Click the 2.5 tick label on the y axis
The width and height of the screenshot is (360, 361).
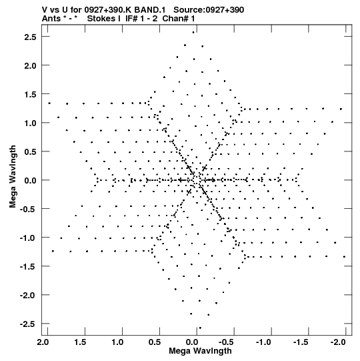(x=30, y=37)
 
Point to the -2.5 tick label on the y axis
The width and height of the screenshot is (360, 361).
(x=28, y=324)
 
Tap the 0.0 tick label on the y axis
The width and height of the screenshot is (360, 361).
(x=30, y=180)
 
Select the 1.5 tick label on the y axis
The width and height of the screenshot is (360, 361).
(x=30, y=94)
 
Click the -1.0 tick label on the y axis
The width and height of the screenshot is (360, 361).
(x=28, y=238)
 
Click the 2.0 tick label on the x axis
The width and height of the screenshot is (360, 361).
(x=43, y=342)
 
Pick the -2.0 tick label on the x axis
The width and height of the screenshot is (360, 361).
(x=338, y=342)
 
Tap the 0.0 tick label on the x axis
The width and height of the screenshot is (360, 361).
(x=192, y=342)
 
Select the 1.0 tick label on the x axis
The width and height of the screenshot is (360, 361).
(x=117, y=342)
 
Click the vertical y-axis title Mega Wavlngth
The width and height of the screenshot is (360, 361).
(x=13, y=177)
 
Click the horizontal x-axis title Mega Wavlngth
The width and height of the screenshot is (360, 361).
(x=200, y=351)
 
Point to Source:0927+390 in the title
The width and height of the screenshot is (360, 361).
(x=209, y=10)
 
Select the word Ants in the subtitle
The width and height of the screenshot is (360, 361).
(x=50, y=19)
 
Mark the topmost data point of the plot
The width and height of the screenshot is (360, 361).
(x=193, y=33)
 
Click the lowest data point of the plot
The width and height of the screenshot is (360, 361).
(x=200, y=328)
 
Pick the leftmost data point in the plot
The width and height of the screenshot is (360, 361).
(x=49, y=103)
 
